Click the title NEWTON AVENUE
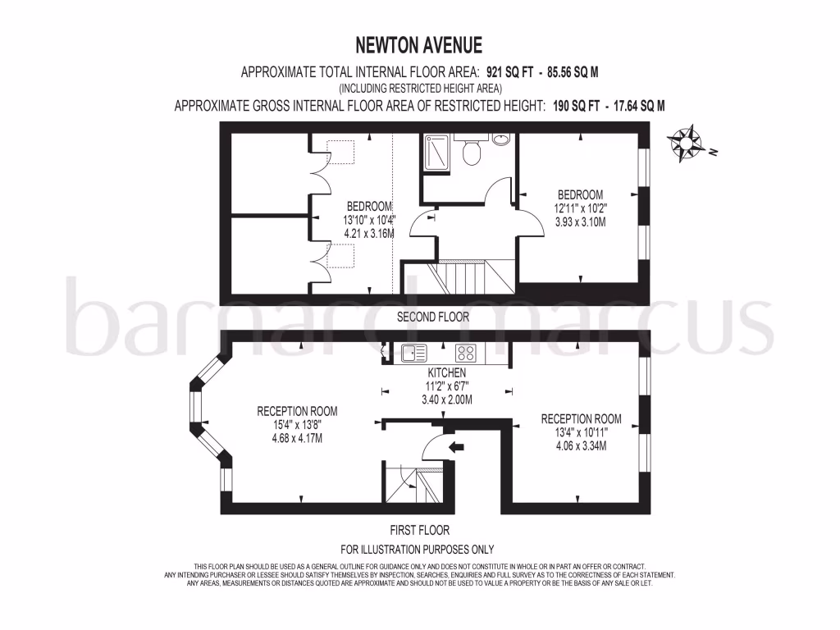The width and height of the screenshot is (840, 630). point(419,44)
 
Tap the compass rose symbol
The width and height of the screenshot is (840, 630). point(687,144)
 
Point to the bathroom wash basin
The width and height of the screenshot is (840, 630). point(502,139)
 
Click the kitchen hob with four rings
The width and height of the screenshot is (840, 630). point(467,354)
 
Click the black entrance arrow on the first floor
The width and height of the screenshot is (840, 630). point(456,447)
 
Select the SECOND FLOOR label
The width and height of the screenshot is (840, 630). point(432,317)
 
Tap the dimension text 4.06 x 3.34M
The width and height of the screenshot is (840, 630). point(581,446)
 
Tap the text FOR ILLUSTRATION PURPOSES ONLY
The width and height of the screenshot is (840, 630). point(418,549)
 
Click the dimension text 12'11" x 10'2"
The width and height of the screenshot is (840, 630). point(581,208)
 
